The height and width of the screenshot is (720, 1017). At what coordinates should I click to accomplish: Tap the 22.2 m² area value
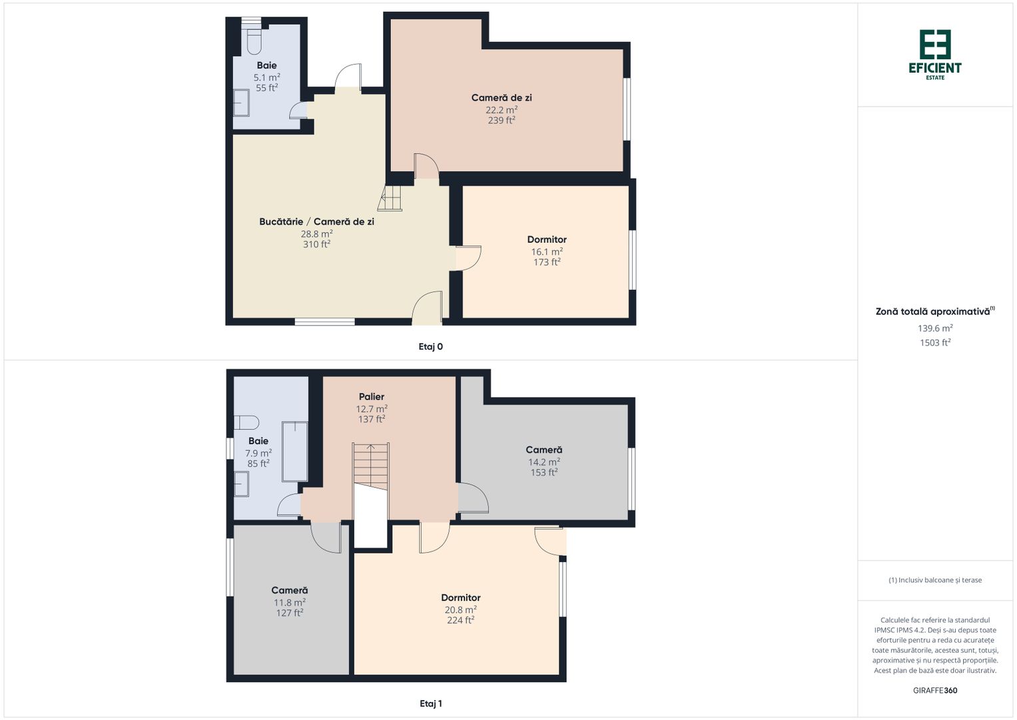click(x=502, y=109)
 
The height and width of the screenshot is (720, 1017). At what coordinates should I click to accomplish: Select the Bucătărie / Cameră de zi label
click(x=316, y=222)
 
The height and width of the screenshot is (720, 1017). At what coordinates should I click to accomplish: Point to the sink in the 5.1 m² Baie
click(x=241, y=103)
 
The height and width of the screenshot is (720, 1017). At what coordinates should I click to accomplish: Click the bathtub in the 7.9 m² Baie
click(x=294, y=451)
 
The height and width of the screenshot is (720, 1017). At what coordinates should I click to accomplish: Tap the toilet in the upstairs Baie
click(x=246, y=423)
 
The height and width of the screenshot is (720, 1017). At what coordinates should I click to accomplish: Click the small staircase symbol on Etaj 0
click(x=390, y=198)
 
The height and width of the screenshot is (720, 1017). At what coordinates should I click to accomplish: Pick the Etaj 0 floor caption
click(x=430, y=347)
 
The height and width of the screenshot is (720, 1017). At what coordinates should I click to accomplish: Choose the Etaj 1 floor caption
click(x=430, y=703)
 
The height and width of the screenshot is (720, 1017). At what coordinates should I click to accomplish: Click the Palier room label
click(x=372, y=397)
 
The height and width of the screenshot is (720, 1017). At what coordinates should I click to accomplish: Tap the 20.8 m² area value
click(x=461, y=609)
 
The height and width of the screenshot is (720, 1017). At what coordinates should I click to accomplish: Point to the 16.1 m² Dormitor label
click(x=547, y=239)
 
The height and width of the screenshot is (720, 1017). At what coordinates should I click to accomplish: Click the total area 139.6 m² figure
click(x=935, y=328)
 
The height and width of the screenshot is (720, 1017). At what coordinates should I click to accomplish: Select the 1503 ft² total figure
click(x=935, y=343)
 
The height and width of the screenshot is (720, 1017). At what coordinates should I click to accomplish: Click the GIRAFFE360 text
click(x=935, y=691)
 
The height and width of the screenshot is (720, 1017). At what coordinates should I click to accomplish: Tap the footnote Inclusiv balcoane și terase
click(x=935, y=580)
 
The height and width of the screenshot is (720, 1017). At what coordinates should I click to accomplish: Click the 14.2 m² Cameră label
click(x=544, y=449)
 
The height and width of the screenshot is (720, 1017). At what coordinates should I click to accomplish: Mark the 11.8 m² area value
click(x=289, y=603)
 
